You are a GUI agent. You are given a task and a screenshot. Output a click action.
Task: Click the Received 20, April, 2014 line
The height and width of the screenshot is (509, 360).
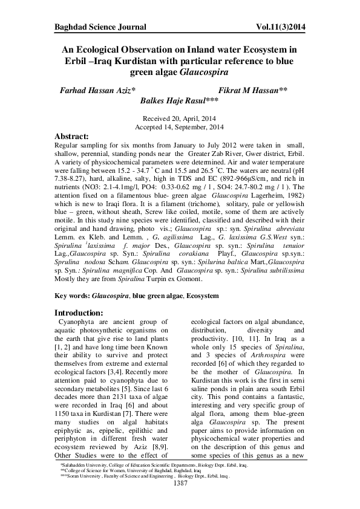[180, 119]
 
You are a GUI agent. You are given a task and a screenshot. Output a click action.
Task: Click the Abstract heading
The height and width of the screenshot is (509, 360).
[75, 137]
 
